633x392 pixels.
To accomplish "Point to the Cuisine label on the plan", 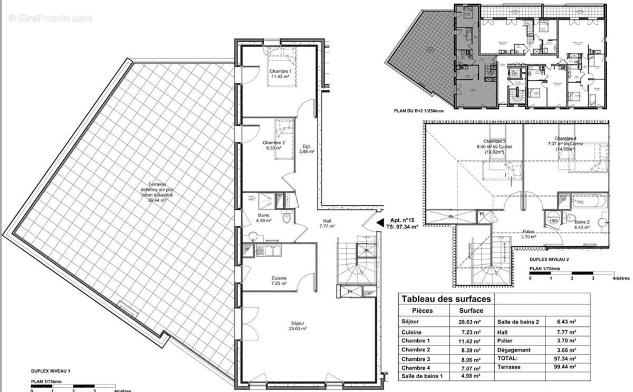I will pyautogui.click(x=278, y=280).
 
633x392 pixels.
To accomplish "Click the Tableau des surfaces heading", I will pyautogui.click(x=446, y=299).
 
